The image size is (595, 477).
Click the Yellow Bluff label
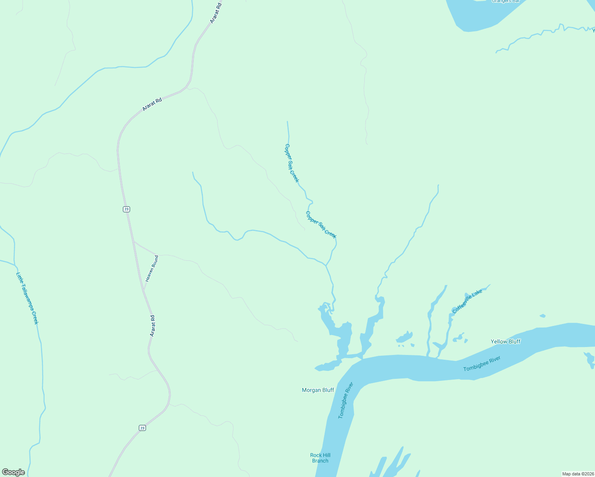click(x=505, y=341)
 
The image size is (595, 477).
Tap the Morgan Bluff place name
click(x=318, y=390)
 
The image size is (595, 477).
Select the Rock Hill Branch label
click(x=320, y=458)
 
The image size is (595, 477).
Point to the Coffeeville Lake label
click(x=467, y=301)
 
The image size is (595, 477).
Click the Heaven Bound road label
click(x=152, y=269)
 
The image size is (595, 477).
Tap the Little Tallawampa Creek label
click(x=27, y=298)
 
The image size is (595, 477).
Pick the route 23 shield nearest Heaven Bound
click(x=126, y=209)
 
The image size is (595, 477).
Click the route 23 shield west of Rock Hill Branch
click(x=142, y=428)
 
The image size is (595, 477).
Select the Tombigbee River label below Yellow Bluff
click(x=482, y=364)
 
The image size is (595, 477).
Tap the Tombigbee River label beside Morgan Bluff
click(x=346, y=400)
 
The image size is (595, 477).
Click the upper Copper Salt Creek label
click(x=292, y=163)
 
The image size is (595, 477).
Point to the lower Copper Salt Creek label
click(x=321, y=225)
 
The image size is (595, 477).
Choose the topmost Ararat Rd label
click(x=215, y=13)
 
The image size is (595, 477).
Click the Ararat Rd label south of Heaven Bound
click(x=152, y=326)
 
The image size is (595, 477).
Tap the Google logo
click(x=13, y=472)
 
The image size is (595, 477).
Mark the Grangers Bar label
click(x=506, y=1)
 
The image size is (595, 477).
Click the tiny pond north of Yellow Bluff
click(x=542, y=316)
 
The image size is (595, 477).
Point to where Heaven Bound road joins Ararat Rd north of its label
click(x=134, y=241)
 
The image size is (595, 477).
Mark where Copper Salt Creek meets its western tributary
click(x=326, y=265)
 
